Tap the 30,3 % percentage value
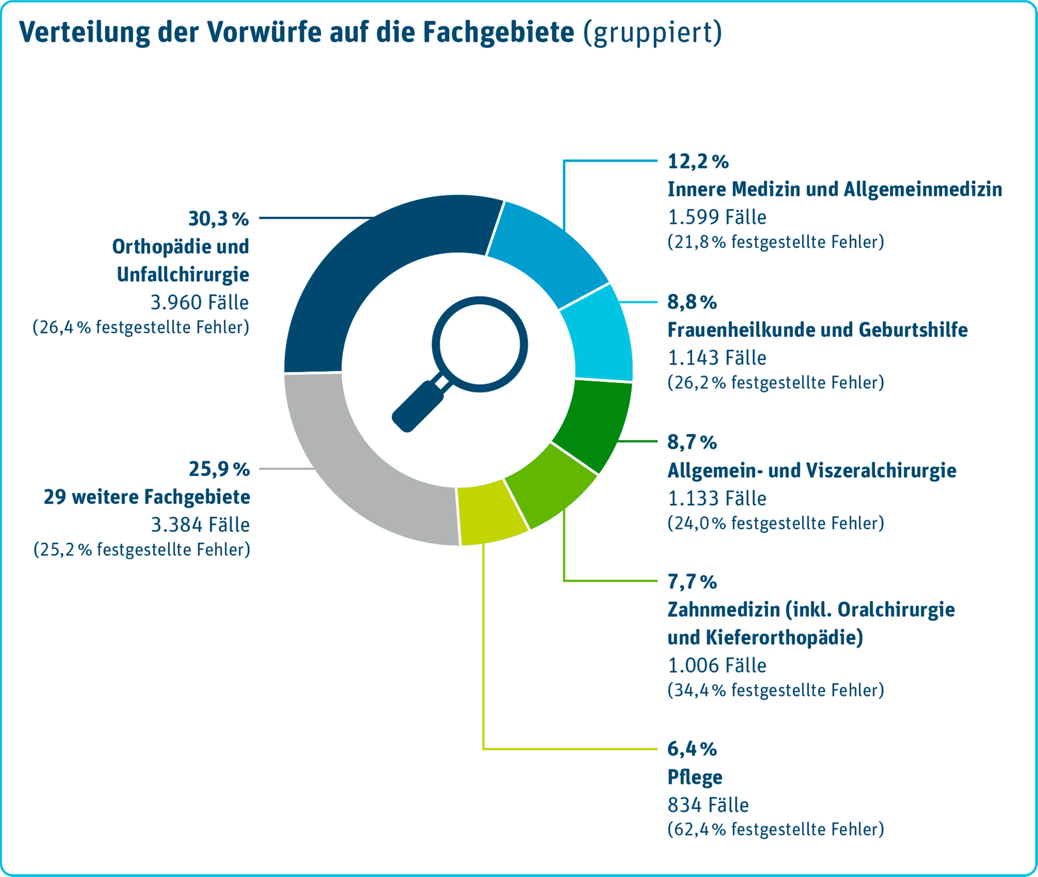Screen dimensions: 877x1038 click(219, 219)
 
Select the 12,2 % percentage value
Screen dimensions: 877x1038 click(698, 162)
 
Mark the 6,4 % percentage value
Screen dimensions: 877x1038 click(692, 749)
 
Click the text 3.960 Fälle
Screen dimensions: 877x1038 click(199, 302)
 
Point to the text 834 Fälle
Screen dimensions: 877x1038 click(708, 805)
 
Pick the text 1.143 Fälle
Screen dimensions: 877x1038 click(717, 358)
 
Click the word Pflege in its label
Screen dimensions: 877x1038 click(695, 777)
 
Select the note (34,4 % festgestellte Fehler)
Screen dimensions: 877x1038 click(775, 690)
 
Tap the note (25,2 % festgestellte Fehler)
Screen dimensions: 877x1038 click(142, 549)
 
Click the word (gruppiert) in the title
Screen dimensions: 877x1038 click(652, 33)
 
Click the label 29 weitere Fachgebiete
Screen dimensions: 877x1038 click(147, 497)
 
